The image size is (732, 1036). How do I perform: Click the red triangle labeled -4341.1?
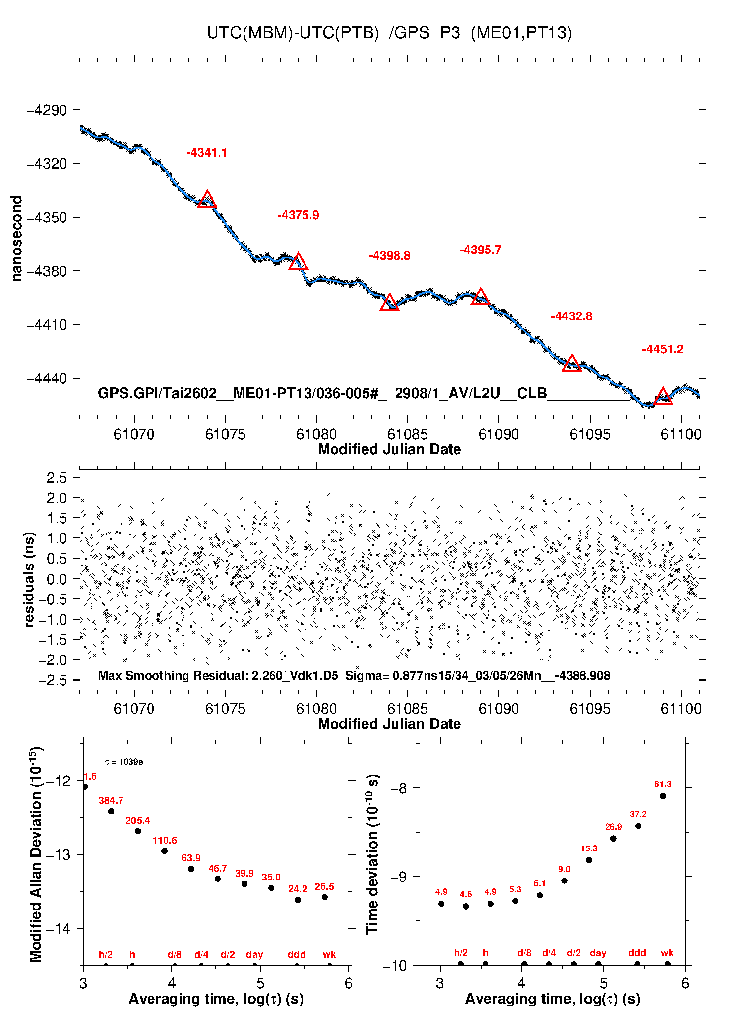click(207, 200)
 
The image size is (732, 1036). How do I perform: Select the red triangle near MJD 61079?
click(298, 262)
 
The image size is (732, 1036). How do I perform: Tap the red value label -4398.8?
click(390, 256)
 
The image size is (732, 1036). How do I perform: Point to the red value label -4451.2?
click(663, 349)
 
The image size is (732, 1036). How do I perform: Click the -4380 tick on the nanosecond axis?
click(47, 271)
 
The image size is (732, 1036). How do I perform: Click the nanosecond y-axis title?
click(17, 239)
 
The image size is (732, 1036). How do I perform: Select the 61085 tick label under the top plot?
click(407, 434)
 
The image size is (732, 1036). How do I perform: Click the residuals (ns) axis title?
click(30, 579)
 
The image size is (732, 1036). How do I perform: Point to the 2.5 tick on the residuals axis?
click(57, 477)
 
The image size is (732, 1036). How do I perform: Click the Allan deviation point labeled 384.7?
click(111, 811)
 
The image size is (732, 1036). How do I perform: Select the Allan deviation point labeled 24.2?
click(298, 900)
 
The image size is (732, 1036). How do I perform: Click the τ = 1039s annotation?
click(124, 762)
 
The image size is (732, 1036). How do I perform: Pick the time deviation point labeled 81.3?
click(663, 796)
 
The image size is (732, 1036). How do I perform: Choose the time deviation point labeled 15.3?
click(589, 860)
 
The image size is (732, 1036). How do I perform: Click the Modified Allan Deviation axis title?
click(35, 854)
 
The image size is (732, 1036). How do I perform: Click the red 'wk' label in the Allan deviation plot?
click(329, 954)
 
